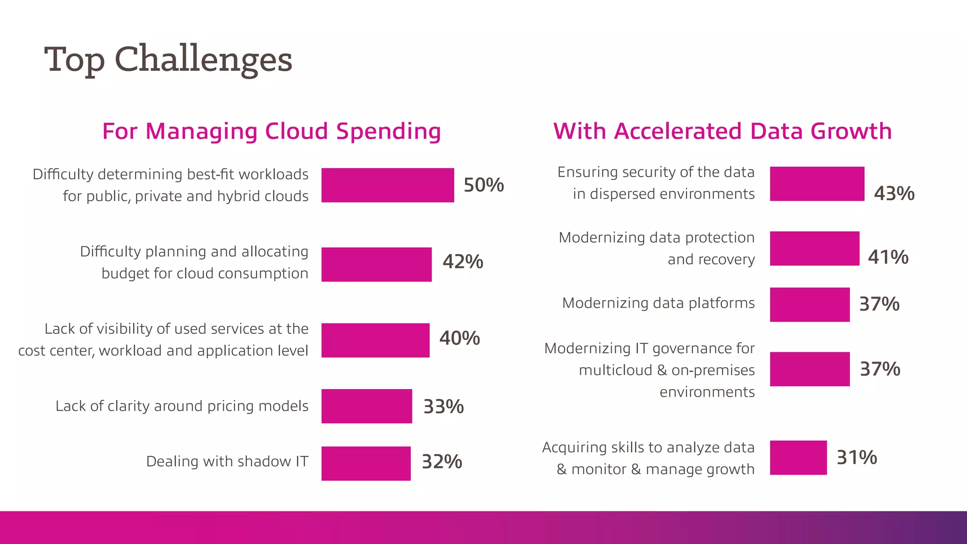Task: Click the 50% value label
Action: [483, 185]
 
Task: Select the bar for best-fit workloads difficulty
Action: [388, 185]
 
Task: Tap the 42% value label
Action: [463, 262]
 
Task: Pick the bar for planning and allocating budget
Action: [376, 264]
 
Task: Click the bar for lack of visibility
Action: [375, 340]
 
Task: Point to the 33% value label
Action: [443, 407]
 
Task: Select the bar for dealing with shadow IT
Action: [366, 463]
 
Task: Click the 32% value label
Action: [442, 462]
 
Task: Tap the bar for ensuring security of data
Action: [817, 184]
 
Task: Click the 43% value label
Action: [894, 194]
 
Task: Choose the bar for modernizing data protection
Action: [814, 248]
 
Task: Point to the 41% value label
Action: [888, 257]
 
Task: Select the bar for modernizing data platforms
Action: [810, 305]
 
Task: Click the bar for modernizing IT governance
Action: [810, 369]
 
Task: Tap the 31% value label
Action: [857, 458]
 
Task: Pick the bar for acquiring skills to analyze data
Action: [798, 458]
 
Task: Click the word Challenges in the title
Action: [204, 60]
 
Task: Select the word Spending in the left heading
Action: [388, 132]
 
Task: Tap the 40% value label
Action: [459, 339]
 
